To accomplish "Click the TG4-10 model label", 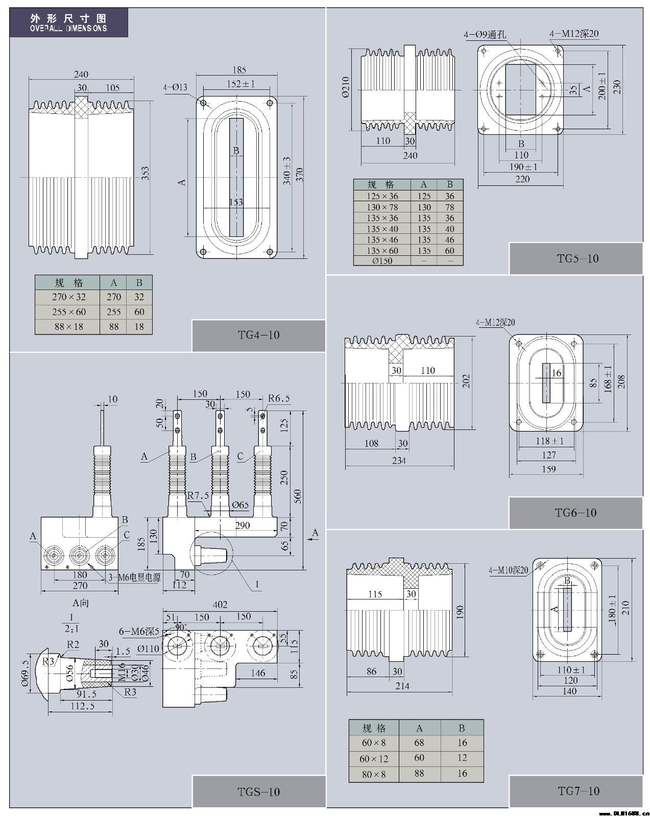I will [258, 335].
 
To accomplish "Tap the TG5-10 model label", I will [577, 258].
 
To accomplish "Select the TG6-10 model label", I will [575, 513].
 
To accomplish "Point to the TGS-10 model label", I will [258, 792].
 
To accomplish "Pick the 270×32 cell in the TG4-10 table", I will [68, 297].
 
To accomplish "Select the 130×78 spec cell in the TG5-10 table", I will [382, 207].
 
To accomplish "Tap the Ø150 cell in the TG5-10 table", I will [382, 261].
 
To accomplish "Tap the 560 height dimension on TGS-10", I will [297, 495].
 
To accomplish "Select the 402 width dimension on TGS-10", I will [220, 605].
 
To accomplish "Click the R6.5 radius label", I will [279, 398].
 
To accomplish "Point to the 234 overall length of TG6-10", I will [399, 461].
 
